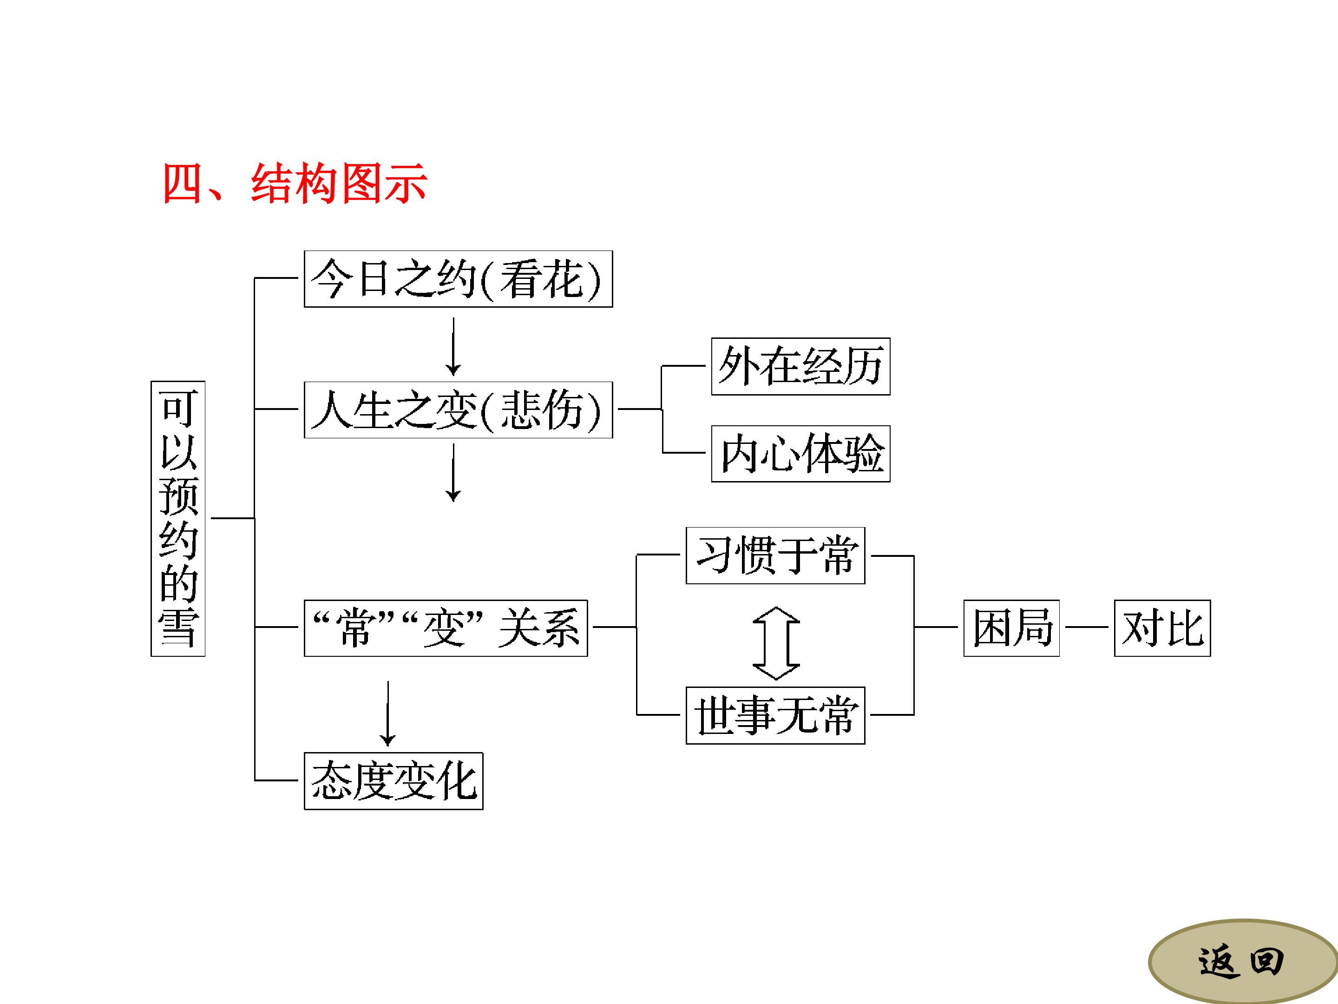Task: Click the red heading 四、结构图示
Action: [x=295, y=183]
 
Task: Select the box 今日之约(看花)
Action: [x=458, y=279]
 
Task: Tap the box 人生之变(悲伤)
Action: [x=458, y=410]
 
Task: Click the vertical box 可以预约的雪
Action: [x=178, y=519]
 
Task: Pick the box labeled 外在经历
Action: [x=800, y=366]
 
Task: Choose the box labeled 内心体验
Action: [x=800, y=453]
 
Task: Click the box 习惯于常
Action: [x=775, y=555]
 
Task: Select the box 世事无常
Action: [x=775, y=715]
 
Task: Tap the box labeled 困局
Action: [x=1011, y=628]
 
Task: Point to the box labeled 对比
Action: [x=1162, y=628]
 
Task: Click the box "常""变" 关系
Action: [x=446, y=628]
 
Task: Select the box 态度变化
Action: [x=393, y=781]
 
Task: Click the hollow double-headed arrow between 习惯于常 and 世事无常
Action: [x=776, y=643]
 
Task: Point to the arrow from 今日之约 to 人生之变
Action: [x=453, y=346]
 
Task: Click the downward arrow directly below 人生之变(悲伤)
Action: [x=453, y=473]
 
